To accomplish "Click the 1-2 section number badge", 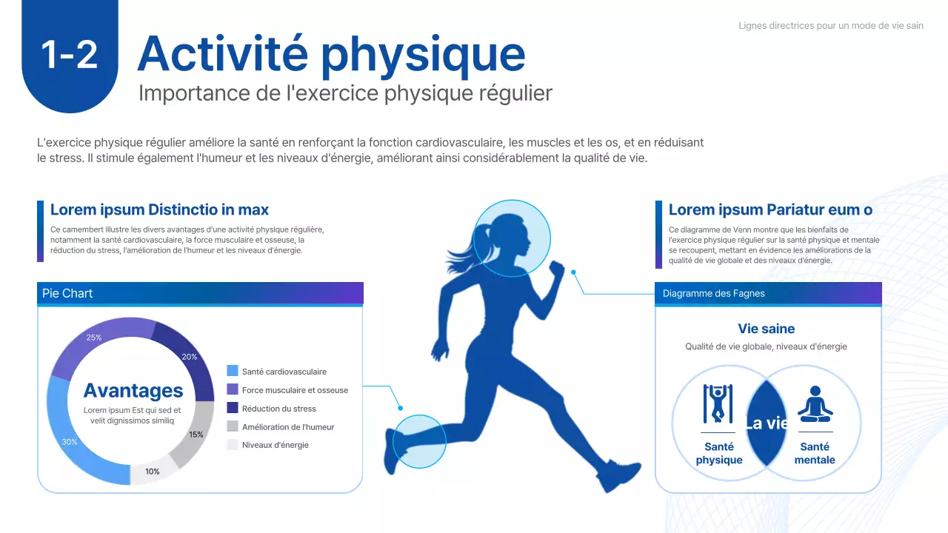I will coord(70,55).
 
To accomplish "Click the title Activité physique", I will coord(331,53).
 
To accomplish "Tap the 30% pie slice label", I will coord(70,442).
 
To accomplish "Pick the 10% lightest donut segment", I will coord(153,472).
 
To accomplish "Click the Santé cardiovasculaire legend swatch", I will coord(233,371).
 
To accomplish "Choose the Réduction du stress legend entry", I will coord(278,409).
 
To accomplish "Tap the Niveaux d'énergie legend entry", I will coord(275,445).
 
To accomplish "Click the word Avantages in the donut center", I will coord(133,390).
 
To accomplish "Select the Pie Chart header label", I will coord(67,294).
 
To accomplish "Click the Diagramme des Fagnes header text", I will coord(713,294).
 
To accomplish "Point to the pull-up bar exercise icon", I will coord(718,403).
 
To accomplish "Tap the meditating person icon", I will coord(815,404).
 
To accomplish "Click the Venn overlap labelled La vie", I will coord(767,423).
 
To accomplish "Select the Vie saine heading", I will coord(767,329).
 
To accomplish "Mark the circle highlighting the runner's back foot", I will coord(419,442).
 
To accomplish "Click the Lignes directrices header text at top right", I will coord(830,26).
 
